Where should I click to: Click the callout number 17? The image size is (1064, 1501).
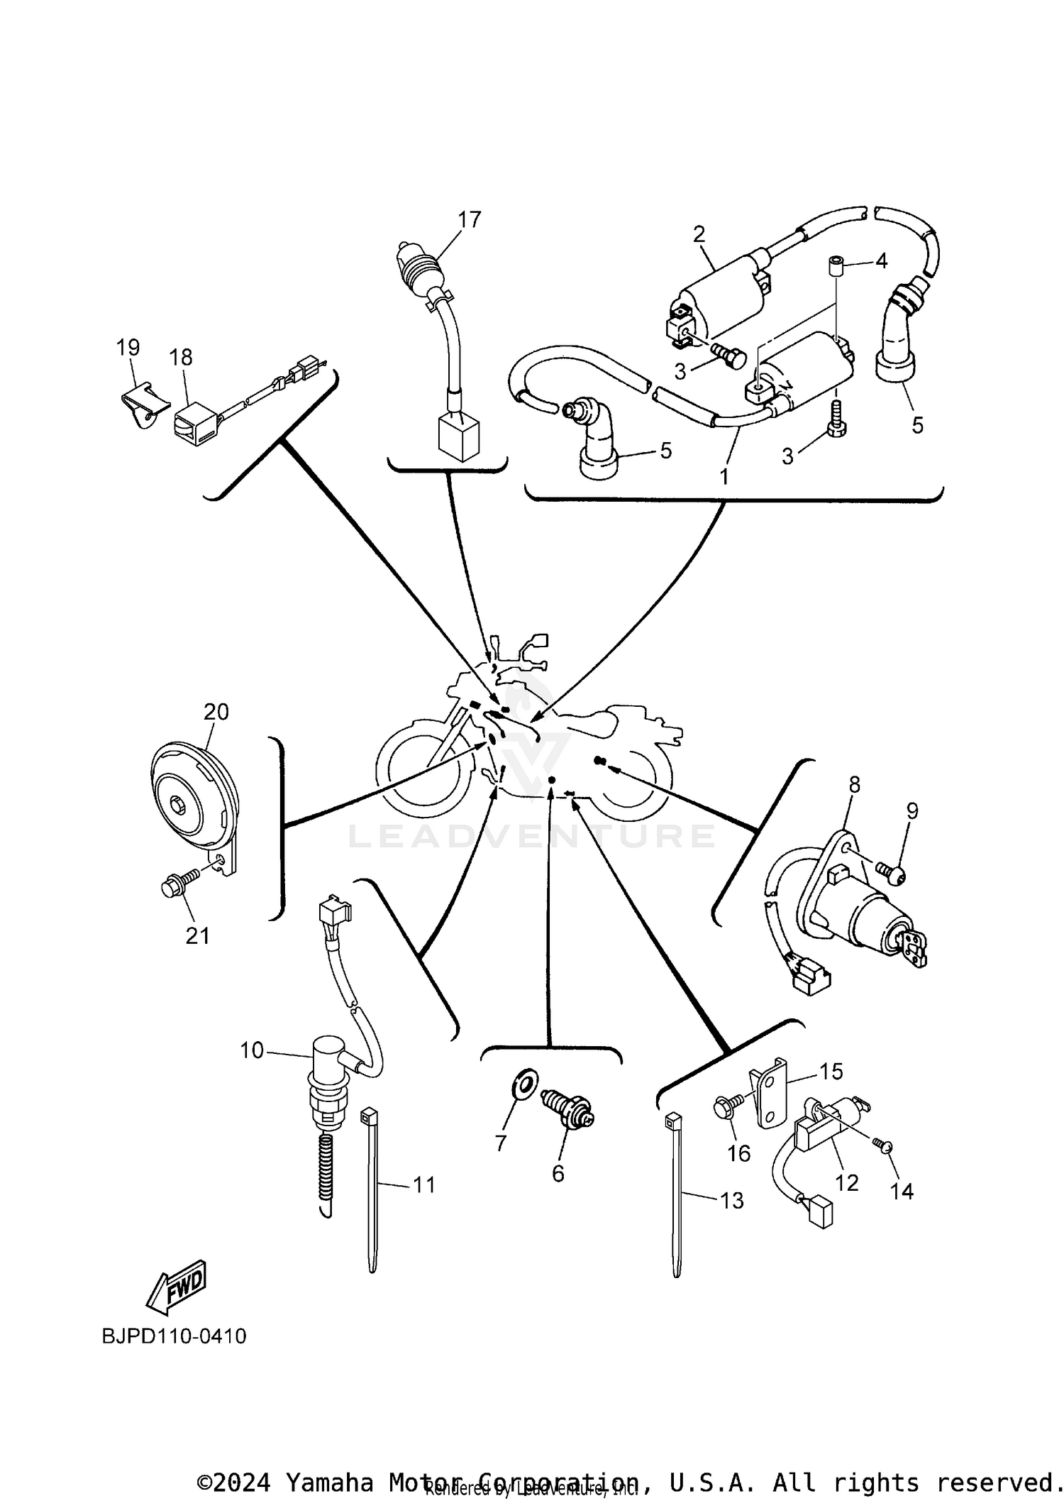tap(469, 219)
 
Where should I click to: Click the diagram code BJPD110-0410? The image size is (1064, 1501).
tap(174, 1336)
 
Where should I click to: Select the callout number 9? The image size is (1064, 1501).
tap(911, 810)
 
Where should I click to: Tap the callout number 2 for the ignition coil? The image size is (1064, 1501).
tap(699, 233)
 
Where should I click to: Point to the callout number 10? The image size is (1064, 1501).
tap(251, 1050)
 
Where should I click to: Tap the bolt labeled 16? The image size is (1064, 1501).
tap(724, 1108)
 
